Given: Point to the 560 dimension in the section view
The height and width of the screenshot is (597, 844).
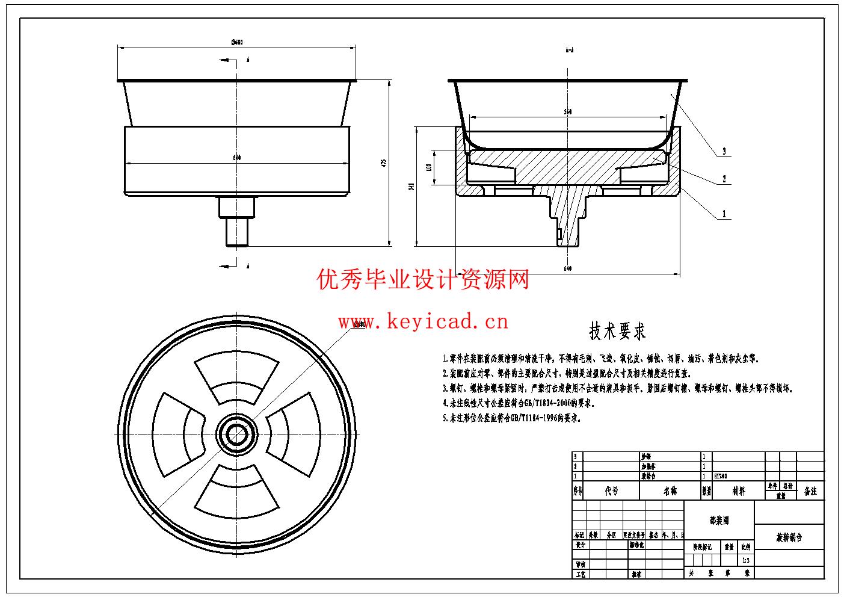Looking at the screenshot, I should click(x=567, y=112).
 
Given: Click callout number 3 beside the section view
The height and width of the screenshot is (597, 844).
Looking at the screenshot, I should click(x=724, y=150).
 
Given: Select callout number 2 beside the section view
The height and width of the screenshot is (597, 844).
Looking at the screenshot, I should click(x=724, y=179).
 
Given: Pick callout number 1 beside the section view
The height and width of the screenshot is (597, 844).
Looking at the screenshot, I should click(x=724, y=214).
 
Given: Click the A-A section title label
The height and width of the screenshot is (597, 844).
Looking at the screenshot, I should click(x=569, y=50).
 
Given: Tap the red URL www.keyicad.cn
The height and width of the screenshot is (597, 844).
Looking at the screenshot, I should click(x=423, y=322).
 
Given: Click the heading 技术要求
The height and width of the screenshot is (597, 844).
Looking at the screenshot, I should click(x=617, y=331).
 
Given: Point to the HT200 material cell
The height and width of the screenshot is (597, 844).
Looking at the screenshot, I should click(x=721, y=475).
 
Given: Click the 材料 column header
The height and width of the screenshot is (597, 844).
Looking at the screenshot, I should click(x=738, y=491).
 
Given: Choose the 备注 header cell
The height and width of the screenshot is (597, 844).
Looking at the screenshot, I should click(x=810, y=491).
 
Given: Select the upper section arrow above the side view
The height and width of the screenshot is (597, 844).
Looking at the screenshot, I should click(x=230, y=60).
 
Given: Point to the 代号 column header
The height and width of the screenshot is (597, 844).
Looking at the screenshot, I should click(x=611, y=491).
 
